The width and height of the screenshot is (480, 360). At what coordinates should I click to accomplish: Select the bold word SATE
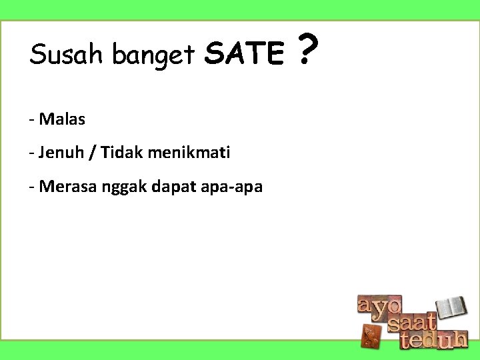[x=244, y=54]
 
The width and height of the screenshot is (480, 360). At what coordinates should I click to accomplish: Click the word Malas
[x=62, y=119]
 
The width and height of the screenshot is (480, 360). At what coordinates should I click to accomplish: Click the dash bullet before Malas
[x=32, y=121]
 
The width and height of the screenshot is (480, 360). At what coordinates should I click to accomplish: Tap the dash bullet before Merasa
[x=32, y=188]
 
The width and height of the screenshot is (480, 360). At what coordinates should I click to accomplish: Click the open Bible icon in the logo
[x=455, y=308]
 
